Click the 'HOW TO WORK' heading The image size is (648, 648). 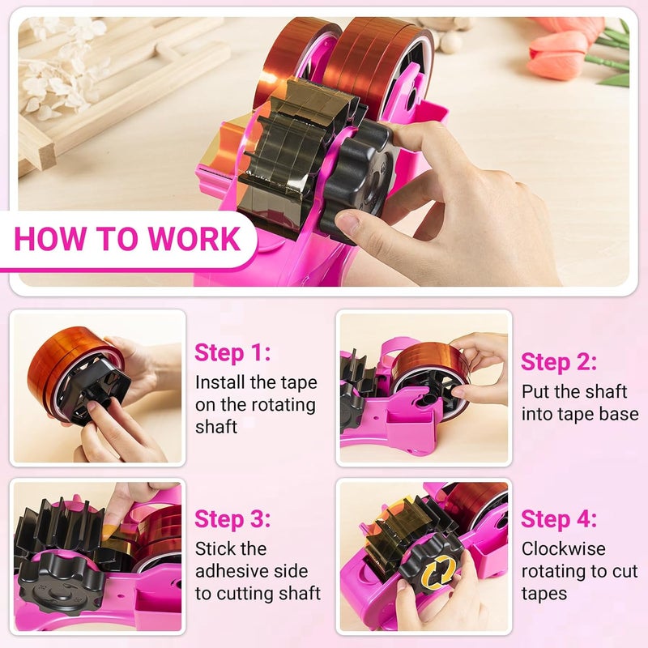pyautogui.click(x=127, y=240)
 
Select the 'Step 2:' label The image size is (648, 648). pyautogui.click(x=558, y=361)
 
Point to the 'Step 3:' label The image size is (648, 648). pyautogui.click(x=232, y=518)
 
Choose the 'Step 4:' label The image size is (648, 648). pyautogui.click(x=558, y=518)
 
